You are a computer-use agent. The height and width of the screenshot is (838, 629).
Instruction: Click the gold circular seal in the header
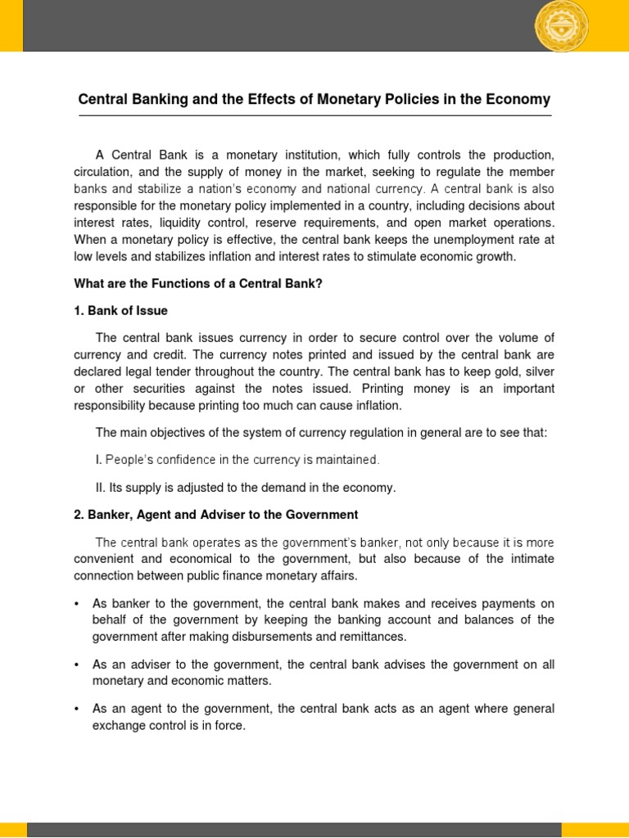coord(562,25)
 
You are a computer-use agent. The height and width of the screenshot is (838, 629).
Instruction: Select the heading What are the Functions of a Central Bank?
coord(194,283)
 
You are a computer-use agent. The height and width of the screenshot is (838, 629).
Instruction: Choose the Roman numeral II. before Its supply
coord(101,488)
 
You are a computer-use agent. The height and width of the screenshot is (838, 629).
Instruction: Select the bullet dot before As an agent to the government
coord(76,709)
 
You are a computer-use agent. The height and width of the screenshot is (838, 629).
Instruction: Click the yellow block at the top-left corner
coord(11,25)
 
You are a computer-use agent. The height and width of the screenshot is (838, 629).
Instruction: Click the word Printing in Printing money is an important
coord(386,389)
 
